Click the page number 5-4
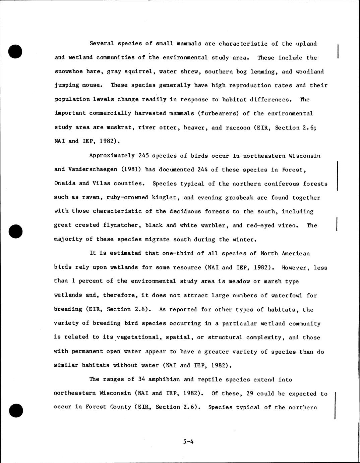tap(188, 442)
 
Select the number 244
tap(202, 169)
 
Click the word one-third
tap(178, 253)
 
